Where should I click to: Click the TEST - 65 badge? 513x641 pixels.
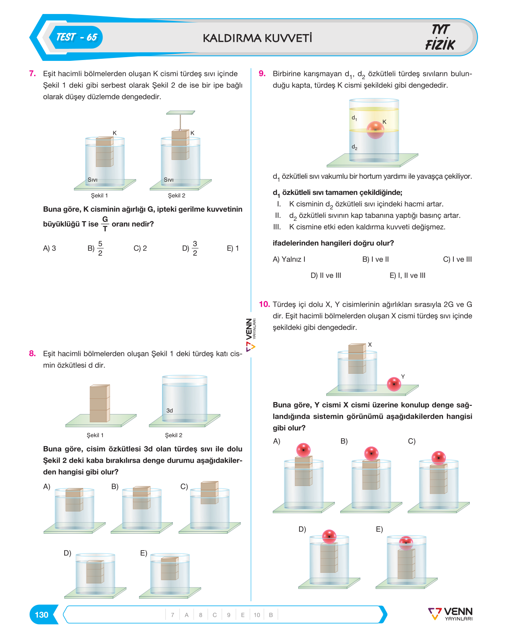pos(77,37)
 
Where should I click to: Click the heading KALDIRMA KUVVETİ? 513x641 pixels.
pos(257,38)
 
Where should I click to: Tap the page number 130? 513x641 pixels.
pos(42,615)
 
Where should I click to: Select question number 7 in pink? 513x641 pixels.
pos(32,73)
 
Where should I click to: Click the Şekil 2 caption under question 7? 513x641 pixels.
pos(176,195)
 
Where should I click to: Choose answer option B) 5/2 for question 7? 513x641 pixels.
pos(95,248)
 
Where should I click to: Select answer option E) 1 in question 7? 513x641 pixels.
pos(233,248)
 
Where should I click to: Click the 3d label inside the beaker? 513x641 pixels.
pos(169,410)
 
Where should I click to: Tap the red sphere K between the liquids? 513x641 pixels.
pos(375,130)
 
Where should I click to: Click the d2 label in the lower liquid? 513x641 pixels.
pos(354,147)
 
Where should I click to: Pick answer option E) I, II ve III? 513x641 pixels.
pos(407,275)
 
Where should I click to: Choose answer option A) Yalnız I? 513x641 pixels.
pos(289,259)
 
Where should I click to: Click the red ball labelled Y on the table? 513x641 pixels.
pos(394,384)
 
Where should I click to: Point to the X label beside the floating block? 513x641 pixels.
pos(369,344)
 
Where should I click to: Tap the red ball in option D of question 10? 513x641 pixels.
pos(329,537)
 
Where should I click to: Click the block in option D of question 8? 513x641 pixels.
pos(95,572)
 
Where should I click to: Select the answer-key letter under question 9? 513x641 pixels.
pos(243,615)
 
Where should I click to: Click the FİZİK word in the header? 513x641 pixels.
pos(440,45)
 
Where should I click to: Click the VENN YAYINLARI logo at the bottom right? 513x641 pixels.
pos(450,614)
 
